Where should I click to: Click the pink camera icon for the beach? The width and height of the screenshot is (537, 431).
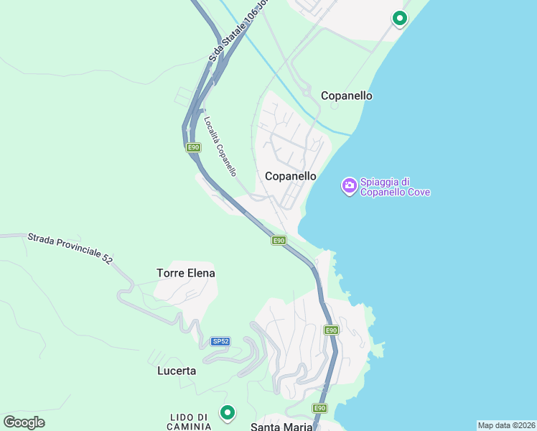tap(349, 186)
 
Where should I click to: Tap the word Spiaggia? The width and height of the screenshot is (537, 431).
tap(385, 182)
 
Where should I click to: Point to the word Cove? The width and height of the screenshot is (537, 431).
tap(416, 192)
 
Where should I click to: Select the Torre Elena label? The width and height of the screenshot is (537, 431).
tap(186, 273)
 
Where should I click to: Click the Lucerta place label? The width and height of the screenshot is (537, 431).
tap(177, 371)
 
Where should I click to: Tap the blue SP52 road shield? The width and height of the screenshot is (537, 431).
tap(220, 341)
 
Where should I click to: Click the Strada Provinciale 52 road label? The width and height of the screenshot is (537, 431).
tap(70, 248)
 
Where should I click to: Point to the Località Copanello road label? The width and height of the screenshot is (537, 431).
tap(220, 146)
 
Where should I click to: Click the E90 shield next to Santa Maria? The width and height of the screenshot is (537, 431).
tap(320, 408)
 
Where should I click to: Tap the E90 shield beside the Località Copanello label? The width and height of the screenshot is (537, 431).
tap(192, 147)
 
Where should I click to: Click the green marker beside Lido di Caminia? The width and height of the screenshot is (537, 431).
tap(228, 413)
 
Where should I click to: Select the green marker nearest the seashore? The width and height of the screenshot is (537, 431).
tap(399, 19)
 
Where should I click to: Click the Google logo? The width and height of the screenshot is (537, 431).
tap(24, 422)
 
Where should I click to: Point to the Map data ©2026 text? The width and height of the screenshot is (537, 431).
tap(506, 425)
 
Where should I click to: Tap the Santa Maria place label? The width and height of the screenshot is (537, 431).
tap(281, 427)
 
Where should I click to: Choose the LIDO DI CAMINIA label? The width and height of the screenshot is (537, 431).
tap(190, 422)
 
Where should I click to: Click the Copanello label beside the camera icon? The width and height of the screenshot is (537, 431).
tap(291, 175)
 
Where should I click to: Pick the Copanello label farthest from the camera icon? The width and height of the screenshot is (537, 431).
tap(347, 96)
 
